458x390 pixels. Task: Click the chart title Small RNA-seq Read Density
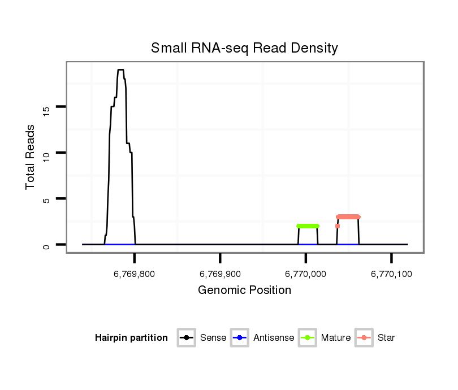click(244, 48)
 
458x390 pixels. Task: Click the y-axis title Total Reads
click(31, 157)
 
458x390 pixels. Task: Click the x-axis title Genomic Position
click(244, 291)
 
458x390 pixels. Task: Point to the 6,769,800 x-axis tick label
click(134, 274)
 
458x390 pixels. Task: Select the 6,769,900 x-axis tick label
click(220, 274)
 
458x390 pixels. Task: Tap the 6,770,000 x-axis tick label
click(305, 274)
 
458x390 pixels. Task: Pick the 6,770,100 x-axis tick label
click(391, 274)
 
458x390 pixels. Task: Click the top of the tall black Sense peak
click(120, 70)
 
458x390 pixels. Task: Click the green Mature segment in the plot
click(308, 226)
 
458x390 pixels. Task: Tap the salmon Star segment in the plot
click(348, 216)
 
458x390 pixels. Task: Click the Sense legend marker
click(186, 338)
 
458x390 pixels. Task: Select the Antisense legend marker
click(240, 338)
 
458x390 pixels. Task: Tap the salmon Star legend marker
click(364, 338)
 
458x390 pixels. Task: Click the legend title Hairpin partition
click(131, 338)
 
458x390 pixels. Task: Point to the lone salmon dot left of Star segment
click(338, 226)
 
